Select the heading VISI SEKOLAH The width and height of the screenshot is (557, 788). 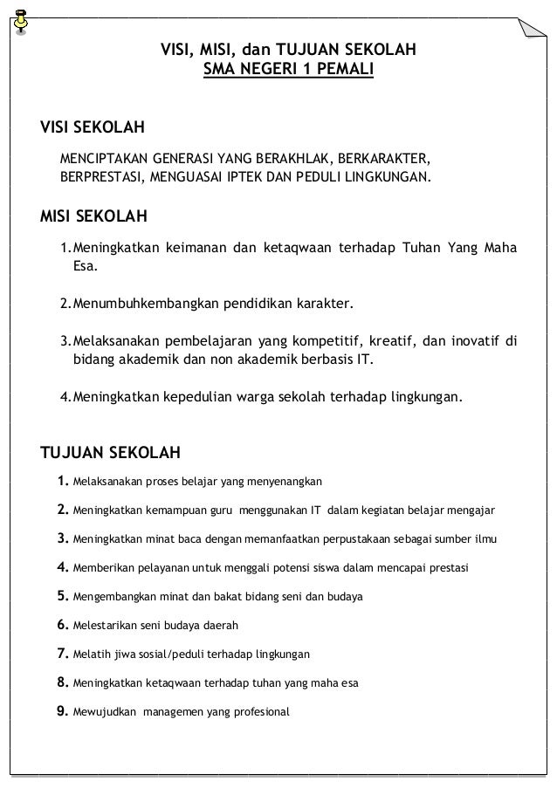click(x=93, y=129)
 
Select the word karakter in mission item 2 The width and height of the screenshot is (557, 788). click(x=324, y=304)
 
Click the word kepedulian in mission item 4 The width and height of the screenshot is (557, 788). click(x=192, y=398)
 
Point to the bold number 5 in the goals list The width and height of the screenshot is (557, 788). click(x=62, y=597)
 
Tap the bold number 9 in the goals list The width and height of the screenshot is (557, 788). click(x=62, y=710)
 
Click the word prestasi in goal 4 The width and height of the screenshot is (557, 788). click(x=447, y=568)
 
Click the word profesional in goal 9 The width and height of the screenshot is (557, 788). click(x=258, y=711)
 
